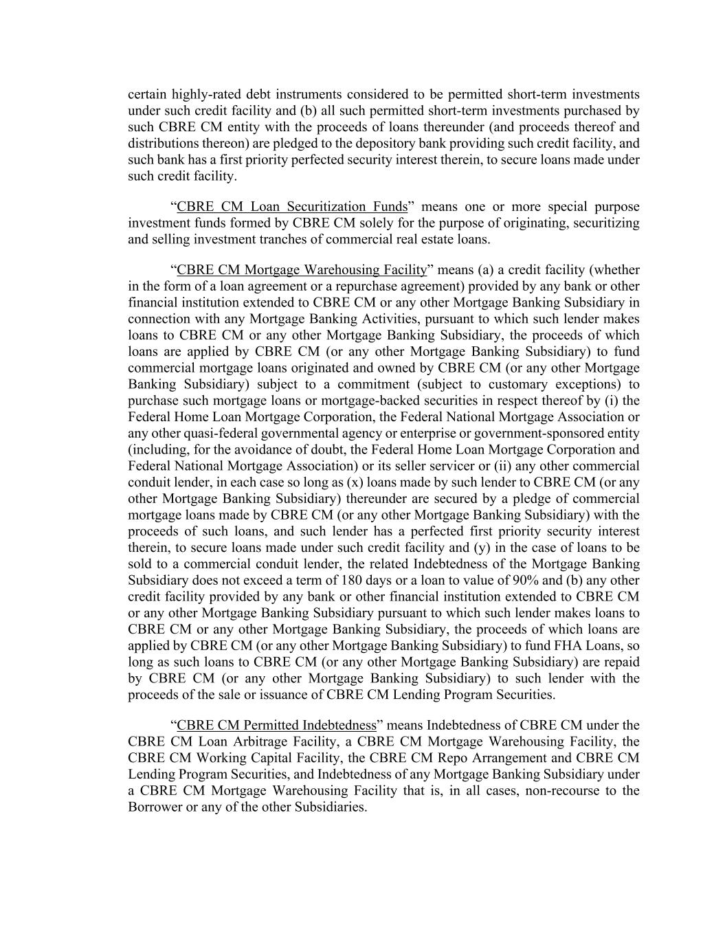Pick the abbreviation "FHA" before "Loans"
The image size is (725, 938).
(555, 646)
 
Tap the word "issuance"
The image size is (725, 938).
(298, 695)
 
